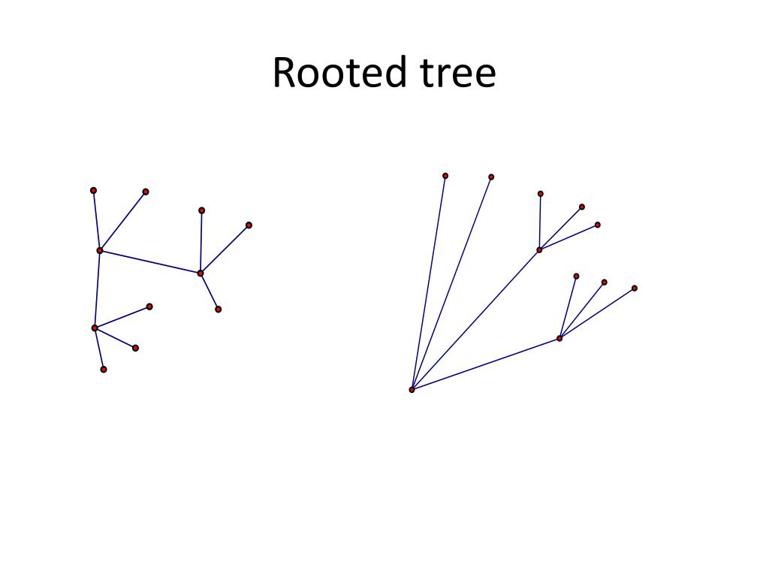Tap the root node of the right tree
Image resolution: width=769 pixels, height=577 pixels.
pos(412,389)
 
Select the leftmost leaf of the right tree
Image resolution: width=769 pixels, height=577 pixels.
pos(445,176)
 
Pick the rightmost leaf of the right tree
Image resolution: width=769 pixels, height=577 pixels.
pos(635,288)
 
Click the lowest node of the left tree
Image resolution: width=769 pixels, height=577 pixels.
pos(104,369)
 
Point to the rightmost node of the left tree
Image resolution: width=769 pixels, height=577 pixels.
pos(249,225)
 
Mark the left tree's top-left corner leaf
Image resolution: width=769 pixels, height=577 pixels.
pos(93,190)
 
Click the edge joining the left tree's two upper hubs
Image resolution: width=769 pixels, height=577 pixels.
pos(150,261)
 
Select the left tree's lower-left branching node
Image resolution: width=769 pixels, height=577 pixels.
pos(95,328)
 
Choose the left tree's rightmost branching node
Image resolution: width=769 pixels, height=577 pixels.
pos(201,273)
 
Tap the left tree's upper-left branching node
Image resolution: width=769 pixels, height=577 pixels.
pos(100,250)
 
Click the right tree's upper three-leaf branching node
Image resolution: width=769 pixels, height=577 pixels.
pos(539,249)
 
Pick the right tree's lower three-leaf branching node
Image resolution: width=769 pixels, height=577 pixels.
pos(559,338)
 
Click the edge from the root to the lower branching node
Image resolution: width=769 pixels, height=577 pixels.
pos(485,364)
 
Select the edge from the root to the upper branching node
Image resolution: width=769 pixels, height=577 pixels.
pos(475,319)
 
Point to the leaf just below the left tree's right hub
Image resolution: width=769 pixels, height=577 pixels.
pos(218,309)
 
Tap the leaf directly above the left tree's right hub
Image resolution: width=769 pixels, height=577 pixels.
pos(201,210)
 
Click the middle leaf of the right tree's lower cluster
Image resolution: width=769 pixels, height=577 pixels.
pos(604,282)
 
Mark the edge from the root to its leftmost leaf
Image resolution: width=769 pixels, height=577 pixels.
pos(428,282)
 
